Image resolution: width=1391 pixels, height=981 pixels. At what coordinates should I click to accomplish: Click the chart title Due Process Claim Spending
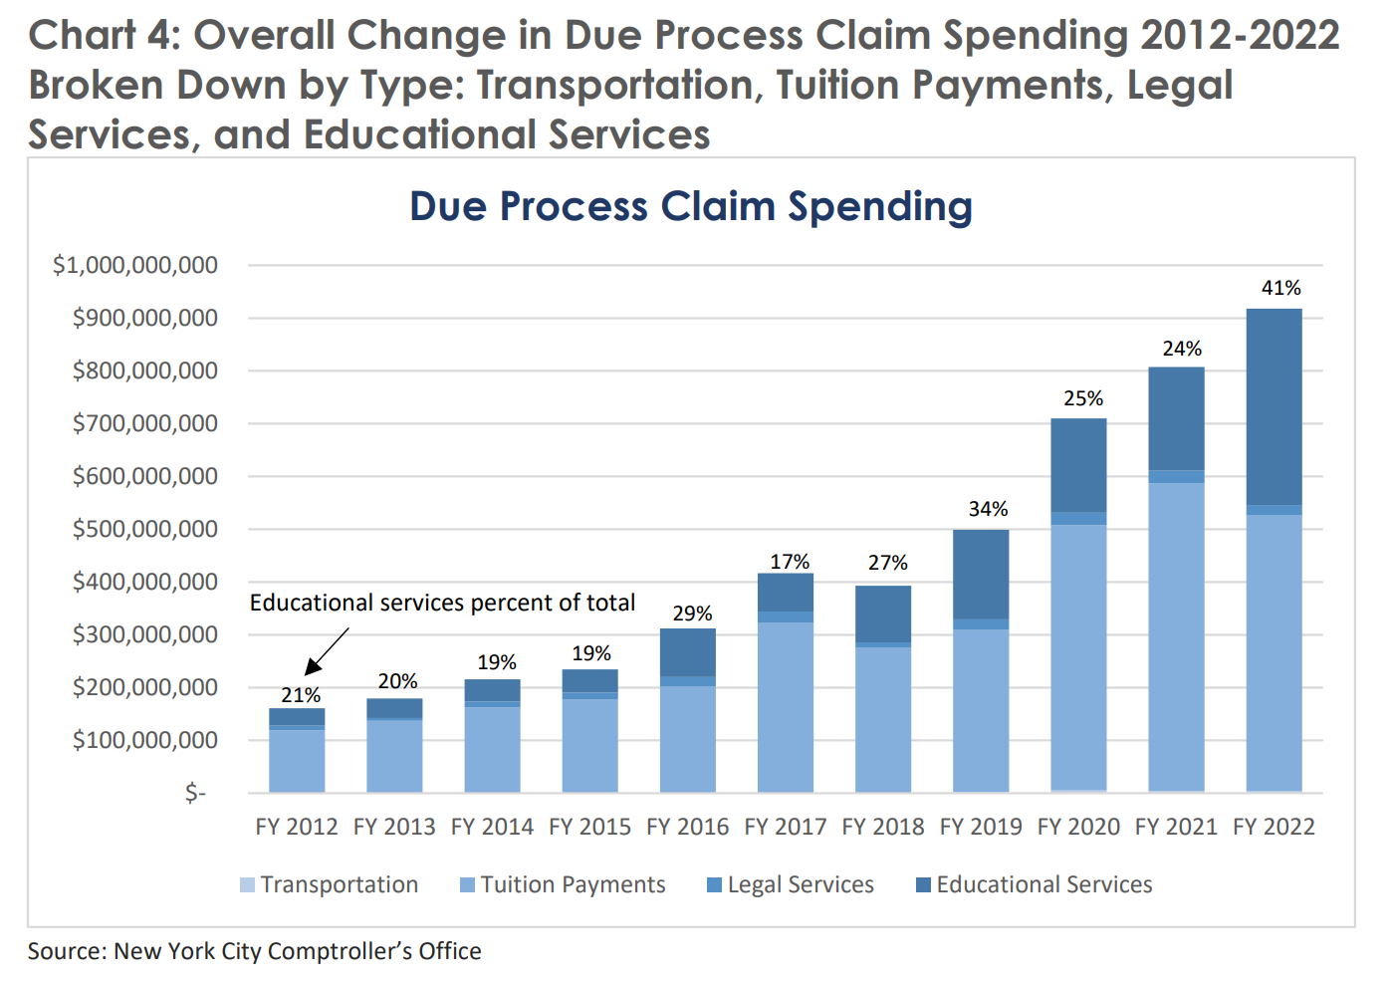tap(691, 207)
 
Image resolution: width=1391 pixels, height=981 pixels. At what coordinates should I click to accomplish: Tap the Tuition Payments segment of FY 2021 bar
tap(1176, 637)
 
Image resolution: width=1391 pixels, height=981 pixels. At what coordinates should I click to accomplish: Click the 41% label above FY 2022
tap(1280, 288)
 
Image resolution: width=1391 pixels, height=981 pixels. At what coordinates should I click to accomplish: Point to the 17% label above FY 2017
tap(790, 562)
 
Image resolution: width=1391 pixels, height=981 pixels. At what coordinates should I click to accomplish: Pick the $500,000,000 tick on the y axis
tap(144, 529)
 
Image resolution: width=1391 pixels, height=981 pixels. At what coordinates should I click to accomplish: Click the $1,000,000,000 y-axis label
tap(135, 265)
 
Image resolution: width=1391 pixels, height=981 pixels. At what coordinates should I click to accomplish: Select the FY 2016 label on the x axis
tap(687, 827)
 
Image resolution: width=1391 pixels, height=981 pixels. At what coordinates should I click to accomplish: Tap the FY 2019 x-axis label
tap(981, 827)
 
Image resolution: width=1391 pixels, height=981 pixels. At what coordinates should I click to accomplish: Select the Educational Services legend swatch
tap(923, 884)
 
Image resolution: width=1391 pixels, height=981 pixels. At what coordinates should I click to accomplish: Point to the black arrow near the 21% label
tap(327, 651)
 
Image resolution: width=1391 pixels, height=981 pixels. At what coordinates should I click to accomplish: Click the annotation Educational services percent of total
tap(442, 603)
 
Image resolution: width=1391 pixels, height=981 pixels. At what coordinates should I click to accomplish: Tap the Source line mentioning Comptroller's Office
tap(254, 951)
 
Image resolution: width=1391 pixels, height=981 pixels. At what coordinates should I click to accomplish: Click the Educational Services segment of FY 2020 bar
tap(1078, 465)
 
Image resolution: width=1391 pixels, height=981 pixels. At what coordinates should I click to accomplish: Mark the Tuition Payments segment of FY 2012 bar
tap(297, 761)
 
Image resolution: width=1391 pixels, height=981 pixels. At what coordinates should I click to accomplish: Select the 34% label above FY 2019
tap(988, 509)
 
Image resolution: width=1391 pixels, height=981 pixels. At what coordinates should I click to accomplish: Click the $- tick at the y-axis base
tap(195, 793)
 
